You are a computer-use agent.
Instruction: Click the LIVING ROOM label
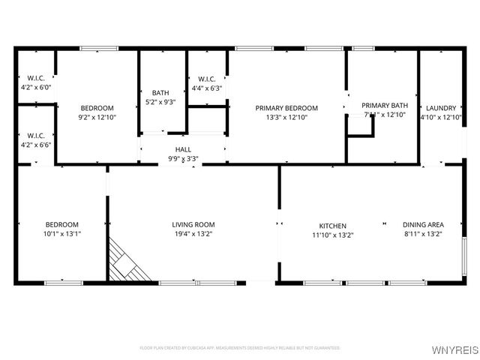coord(193,224)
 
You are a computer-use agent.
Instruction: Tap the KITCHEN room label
coord(332,225)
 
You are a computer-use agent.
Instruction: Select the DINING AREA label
coord(423,224)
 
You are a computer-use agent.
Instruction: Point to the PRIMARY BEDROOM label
coord(286,108)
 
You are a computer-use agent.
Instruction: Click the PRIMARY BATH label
coord(384,105)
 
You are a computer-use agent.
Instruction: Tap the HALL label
coord(183,149)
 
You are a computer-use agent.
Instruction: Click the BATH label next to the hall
coord(160,93)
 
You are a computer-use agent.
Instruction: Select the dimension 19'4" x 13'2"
coord(193,234)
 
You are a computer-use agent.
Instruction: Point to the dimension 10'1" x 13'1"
coord(62,234)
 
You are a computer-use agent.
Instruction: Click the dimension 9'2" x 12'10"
coord(97,117)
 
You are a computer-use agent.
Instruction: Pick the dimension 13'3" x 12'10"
coord(286,117)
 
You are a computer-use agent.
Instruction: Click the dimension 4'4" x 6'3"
coord(207,88)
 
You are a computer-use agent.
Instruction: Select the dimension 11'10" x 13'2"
coord(332,235)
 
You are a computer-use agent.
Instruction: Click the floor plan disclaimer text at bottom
coord(240,348)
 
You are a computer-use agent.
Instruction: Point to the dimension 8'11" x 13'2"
coord(423,234)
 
